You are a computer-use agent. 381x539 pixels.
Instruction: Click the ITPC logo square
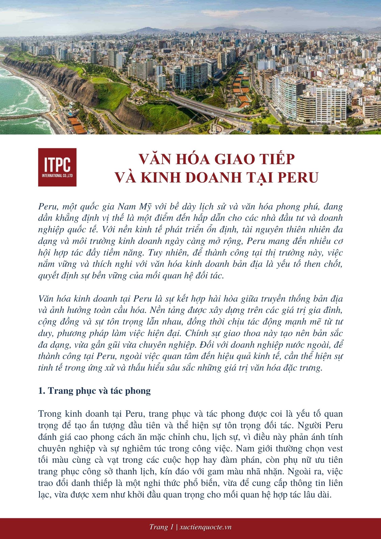[x=57, y=167]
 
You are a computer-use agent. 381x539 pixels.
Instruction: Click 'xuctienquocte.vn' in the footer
[x=206, y=527]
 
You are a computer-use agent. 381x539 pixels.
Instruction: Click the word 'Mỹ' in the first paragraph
[x=146, y=207]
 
